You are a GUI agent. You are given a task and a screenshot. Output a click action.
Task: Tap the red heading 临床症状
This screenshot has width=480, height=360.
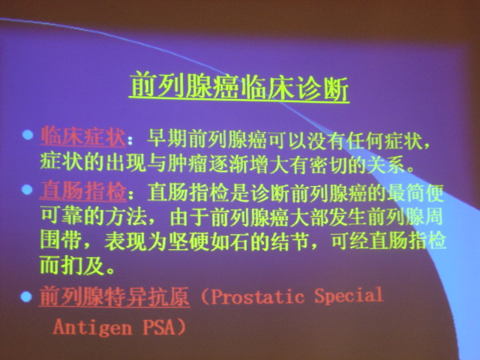[83, 136]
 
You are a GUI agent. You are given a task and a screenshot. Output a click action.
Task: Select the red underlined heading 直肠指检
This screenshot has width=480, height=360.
[83, 190]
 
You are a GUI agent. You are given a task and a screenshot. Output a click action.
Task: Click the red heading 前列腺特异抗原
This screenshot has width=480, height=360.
[114, 296]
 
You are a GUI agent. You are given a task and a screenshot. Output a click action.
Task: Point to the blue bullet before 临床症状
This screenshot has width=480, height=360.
[28, 135]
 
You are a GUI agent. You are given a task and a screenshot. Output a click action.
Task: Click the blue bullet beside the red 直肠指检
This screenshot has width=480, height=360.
[27, 189]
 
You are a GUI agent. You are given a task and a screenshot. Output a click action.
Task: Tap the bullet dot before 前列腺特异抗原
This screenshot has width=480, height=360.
[26, 296]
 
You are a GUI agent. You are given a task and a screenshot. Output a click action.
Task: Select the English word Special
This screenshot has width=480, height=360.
[349, 295]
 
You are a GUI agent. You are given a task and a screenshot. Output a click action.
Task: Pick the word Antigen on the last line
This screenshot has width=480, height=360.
[92, 327]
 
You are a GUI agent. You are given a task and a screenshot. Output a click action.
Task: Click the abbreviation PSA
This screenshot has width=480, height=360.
[158, 327]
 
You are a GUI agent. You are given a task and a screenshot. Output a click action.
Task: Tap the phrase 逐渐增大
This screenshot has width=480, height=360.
[250, 164]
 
